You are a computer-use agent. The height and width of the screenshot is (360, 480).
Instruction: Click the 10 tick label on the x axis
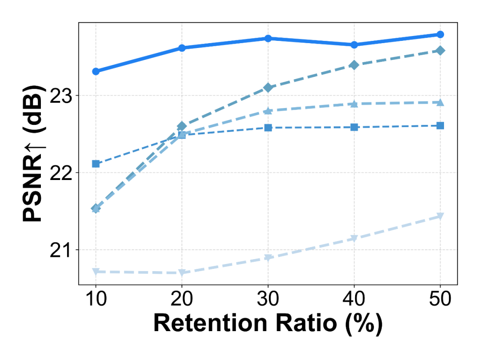point(96,298)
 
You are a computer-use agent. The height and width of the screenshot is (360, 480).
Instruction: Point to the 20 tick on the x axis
point(182,298)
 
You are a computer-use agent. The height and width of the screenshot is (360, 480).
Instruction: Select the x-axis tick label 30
point(268,298)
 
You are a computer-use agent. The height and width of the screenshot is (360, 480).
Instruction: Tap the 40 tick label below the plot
point(354,298)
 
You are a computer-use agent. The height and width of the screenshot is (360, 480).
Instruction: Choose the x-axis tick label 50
point(440,298)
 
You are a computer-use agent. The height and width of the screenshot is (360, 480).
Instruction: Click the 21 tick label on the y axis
point(62,250)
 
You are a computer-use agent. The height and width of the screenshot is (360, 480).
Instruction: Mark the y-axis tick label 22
point(62,173)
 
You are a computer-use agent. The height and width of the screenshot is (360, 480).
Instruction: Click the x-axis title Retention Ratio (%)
point(268,324)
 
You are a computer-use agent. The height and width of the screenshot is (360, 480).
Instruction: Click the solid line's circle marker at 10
point(96,71)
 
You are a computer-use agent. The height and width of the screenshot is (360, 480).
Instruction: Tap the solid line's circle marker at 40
point(354,44)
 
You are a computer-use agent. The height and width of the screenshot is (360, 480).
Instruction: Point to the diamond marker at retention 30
point(268,88)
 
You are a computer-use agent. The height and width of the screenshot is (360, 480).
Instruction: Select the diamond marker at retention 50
point(440,51)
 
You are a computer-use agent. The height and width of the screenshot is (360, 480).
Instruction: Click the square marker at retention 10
point(96,164)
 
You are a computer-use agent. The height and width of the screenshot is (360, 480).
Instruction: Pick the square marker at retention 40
point(354,127)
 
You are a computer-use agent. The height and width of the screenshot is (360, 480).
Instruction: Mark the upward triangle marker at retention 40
point(354,104)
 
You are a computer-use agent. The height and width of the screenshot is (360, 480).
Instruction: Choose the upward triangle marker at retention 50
point(440,103)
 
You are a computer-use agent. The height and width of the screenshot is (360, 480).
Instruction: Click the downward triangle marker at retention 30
point(268,258)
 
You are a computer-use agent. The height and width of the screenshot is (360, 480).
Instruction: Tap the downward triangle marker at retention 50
point(440,216)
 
